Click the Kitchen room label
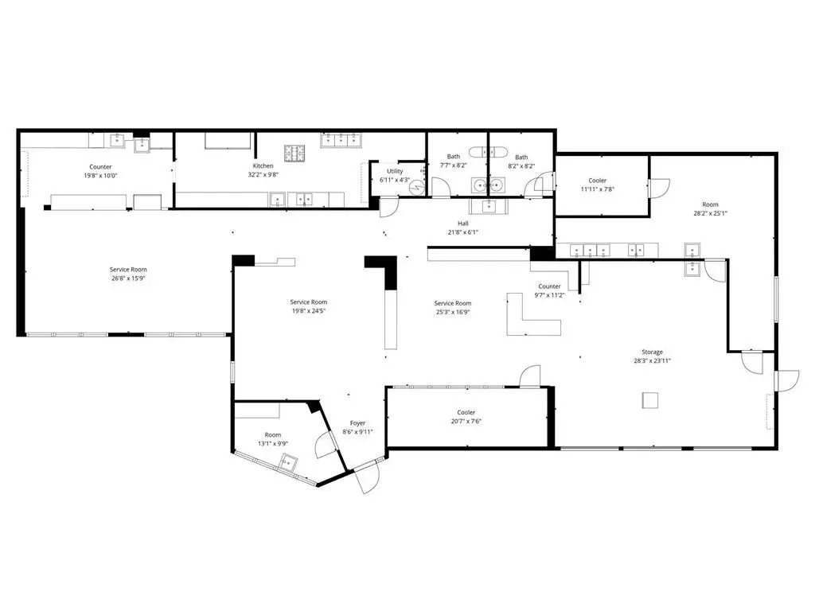coord(263,165)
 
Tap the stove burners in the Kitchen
coord(294,153)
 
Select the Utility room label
coord(395,171)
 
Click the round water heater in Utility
coord(417,187)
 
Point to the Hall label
coord(462,224)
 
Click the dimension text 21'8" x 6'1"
coord(462,232)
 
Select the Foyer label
coord(357,423)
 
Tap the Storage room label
coord(652,352)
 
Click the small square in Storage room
coord(649,401)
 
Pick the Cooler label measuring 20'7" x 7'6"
coord(466,413)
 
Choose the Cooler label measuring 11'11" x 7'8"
coord(597,181)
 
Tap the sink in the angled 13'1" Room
coord(289,462)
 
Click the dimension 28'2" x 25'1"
coord(710,213)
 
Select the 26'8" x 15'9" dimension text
coord(128,278)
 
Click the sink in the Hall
coord(489,206)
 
